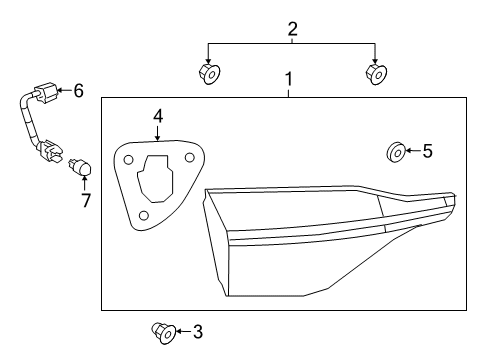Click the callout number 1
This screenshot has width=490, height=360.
pos(289,78)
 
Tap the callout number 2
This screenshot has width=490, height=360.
pos(292,29)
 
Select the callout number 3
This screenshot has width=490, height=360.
pos(197,331)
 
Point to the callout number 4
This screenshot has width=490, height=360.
pos(158,117)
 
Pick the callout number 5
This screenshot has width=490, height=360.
pos(427,152)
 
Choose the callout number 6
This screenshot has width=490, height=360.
pos(78,91)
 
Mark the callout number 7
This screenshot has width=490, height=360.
pos(85,200)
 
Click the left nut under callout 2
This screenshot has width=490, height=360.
pos(209,73)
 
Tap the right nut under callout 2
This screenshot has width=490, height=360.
pos(375,73)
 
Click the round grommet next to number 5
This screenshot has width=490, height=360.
pos(396,153)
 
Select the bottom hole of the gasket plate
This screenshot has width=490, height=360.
pos(145,216)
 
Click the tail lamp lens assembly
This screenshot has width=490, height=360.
pos(320,240)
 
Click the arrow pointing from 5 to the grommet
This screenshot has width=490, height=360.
pos(412,152)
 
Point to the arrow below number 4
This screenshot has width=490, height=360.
pos(158,134)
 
